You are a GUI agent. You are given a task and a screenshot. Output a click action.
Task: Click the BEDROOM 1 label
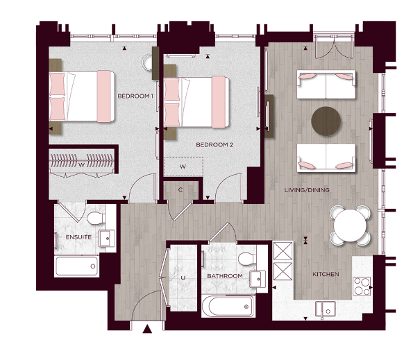[x=135, y=96]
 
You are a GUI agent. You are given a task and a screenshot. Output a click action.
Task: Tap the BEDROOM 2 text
[x=214, y=145]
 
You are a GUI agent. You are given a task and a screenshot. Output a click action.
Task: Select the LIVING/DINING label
[x=307, y=189]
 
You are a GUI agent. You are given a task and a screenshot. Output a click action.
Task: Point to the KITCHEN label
[x=326, y=275]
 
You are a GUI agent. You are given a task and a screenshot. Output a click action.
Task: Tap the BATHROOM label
[x=225, y=276]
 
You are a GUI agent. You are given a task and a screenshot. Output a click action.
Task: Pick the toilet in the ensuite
[x=96, y=219]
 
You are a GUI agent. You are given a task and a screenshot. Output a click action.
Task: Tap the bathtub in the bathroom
[x=227, y=305]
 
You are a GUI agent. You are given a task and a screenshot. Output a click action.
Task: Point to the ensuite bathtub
[x=76, y=266]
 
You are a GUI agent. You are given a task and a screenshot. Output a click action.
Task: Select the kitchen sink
[x=325, y=308]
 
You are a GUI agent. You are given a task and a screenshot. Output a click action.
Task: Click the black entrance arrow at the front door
[x=146, y=331]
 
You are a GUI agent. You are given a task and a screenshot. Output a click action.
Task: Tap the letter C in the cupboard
[x=180, y=189]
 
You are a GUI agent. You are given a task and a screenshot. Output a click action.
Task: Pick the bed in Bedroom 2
[x=198, y=101]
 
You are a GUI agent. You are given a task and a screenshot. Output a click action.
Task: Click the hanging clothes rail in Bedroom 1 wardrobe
[x=81, y=162]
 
